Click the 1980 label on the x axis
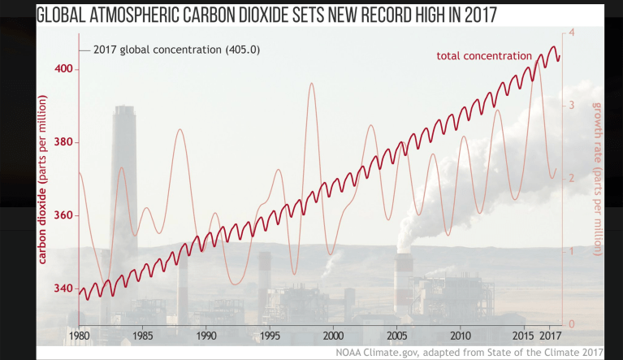[x=79, y=334]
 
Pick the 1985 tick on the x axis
[x=142, y=334]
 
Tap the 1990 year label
[x=206, y=334]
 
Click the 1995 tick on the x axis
[x=270, y=334]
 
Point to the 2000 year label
[x=333, y=334]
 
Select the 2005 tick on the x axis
[x=397, y=334]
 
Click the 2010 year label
[x=461, y=334]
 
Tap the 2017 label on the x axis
[x=550, y=334]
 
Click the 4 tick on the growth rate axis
[x=573, y=33]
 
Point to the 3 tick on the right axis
[x=573, y=106]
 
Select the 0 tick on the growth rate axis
[x=573, y=324]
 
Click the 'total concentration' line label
[x=484, y=55]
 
